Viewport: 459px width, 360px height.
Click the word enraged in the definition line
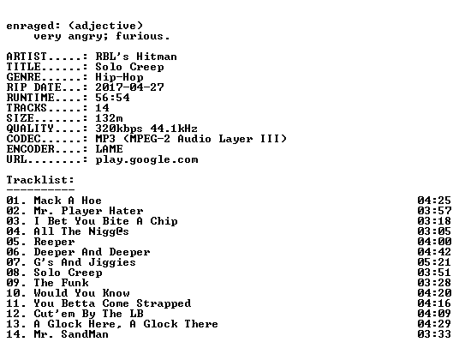click(x=30, y=27)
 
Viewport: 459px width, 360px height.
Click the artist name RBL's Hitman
click(x=136, y=57)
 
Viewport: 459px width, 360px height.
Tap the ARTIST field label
click(x=27, y=57)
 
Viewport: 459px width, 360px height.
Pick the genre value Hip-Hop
click(x=119, y=77)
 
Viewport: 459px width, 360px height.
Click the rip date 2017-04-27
click(x=129, y=87)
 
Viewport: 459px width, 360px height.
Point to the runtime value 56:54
click(x=112, y=98)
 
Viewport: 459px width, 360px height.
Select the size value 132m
click(x=110, y=118)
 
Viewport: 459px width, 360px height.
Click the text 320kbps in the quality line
click(x=119, y=129)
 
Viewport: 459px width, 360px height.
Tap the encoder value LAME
click(x=110, y=149)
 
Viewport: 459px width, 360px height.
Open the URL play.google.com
click(x=146, y=160)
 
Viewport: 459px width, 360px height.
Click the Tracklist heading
click(x=40, y=180)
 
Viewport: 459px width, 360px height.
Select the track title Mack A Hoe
click(x=68, y=201)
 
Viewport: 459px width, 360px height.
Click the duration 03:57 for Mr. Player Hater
click(x=434, y=211)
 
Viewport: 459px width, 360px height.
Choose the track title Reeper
click(x=55, y=242)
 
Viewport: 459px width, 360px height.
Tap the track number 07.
click(x=13, y=262)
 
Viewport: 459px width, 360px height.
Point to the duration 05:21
click(x=434, y=262)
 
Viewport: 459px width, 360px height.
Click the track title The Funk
click(x=61, y=283)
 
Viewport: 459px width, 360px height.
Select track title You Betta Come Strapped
click(x=112, y=303)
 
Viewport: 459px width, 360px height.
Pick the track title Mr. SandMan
click(x=71, y=334)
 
